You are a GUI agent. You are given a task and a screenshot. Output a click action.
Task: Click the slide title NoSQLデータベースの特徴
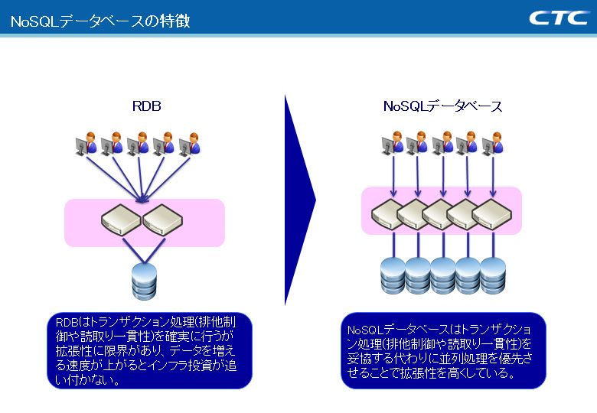(100, 21)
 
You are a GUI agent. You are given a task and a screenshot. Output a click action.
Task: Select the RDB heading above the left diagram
(146, 106)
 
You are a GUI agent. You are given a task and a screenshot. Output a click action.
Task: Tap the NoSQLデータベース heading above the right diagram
(442, 106)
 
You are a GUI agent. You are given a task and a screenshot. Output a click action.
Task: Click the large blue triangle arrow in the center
(299, 200)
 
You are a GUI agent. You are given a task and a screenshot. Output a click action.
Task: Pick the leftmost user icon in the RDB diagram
(87, 145)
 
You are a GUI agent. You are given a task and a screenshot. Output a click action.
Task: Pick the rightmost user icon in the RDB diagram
(188, 145)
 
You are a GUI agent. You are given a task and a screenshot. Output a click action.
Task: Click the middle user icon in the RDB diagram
(138, 145)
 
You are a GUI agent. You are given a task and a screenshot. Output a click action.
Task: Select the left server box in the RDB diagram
(122, 219)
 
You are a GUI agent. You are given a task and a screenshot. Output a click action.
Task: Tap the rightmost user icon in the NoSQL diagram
(493, 143)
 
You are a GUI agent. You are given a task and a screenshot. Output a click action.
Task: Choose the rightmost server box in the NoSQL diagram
(493, 213)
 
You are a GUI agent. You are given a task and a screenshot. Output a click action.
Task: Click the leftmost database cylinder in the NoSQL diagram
(393, 275)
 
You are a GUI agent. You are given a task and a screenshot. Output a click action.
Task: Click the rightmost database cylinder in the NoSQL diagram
(493, 275)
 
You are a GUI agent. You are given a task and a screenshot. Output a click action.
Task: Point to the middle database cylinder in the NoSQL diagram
(443, 275)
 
